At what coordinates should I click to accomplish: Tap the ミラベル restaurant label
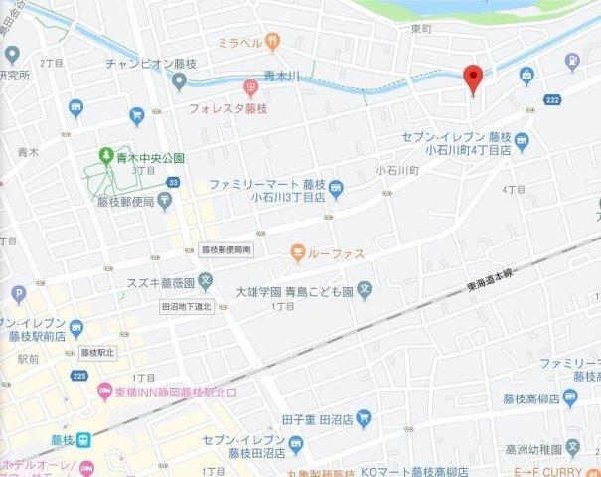click(x=239, y=43)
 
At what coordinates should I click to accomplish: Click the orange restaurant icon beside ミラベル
click(x=273, y=42)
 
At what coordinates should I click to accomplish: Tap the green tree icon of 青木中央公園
click(x=105, y=156)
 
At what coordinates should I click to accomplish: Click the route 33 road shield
click(x=173, y=182)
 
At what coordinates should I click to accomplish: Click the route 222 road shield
click(x=552, y=100)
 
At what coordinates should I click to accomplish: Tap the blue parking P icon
click(x=17, y=294)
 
